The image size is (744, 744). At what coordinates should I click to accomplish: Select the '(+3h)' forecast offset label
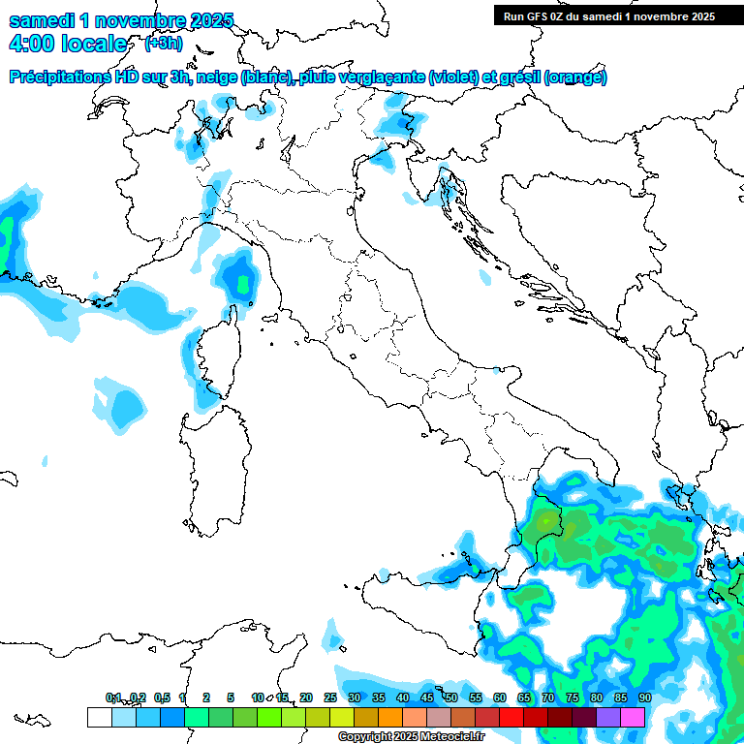[x=163, y=44]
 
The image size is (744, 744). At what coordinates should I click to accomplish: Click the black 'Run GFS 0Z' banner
[x=604, y=15]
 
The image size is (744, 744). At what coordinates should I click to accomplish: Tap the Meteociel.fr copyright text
[x=411, y=737]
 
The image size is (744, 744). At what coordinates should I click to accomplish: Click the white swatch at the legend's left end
[x=99, y=717]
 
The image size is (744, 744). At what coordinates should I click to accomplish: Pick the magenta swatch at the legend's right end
[x=633, y=717]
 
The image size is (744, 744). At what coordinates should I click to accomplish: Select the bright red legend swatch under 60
[x=511, y=717]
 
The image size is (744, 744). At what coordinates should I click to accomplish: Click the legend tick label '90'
[x=644, y=697]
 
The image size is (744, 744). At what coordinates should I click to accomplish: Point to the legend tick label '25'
[x=330, y=697]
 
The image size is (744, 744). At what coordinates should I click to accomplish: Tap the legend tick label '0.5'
[x=162, y=697]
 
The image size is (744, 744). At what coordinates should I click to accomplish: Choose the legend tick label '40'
[x=402, y=697]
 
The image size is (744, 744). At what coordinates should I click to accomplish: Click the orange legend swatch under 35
[x=390, y=717]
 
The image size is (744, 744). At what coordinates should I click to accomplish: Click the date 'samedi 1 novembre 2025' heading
[x=122, y=20]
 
